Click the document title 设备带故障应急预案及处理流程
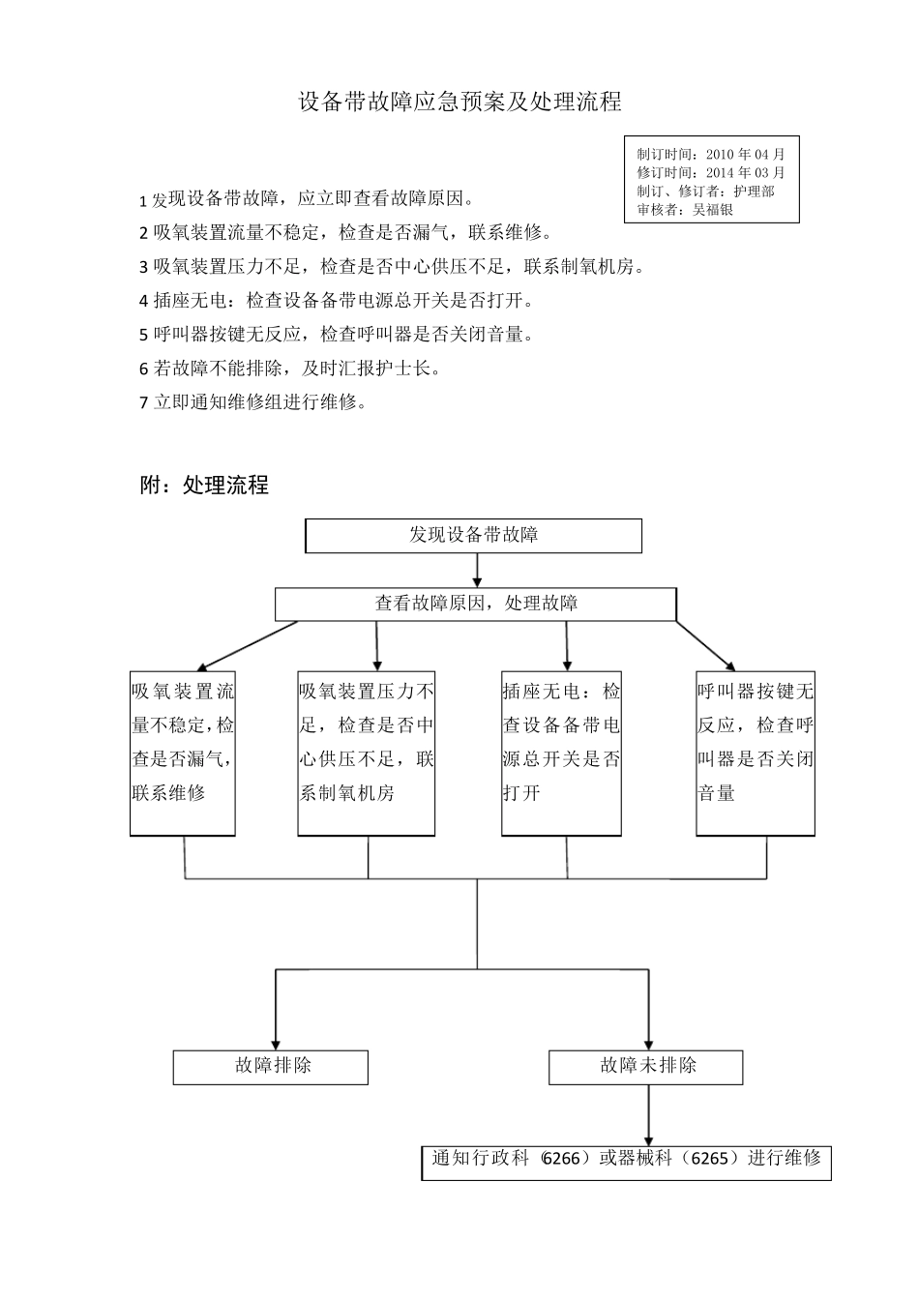pos(459,102)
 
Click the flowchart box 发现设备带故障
pos(473,535)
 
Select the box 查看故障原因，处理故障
pos(476,604)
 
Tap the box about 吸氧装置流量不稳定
pos(183,753)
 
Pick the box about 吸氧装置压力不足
pos(366,753)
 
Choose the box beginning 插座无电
pos(561,753)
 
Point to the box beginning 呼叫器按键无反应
pos(756,753)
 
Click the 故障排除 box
pos(271,1067)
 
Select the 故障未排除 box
pos(646,1067)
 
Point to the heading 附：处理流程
pos(204,486)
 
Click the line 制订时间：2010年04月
pos(711,154)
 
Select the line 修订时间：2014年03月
pos(711,172)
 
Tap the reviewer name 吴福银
pos(714,209)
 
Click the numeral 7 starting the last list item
pos(144,403)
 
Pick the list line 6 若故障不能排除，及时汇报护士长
pos(290,369)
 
